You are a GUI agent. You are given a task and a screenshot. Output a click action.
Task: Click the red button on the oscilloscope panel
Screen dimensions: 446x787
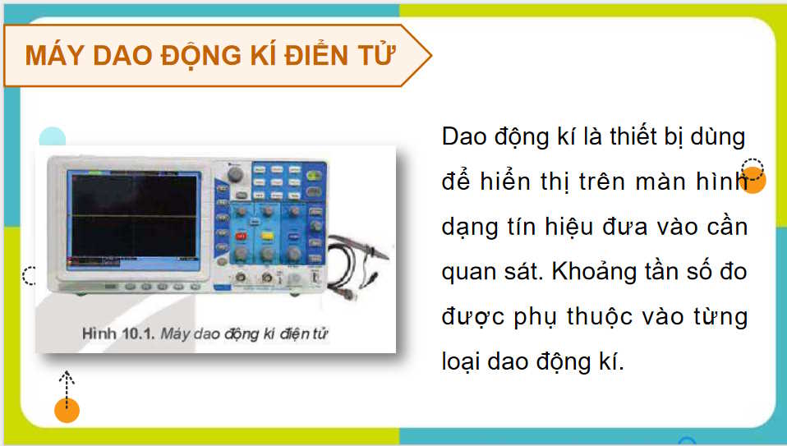pos(242,236)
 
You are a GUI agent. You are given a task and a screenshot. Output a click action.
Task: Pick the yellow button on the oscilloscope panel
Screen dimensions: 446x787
pos(268,234)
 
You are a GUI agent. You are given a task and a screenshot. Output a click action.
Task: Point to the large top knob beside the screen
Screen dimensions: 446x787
pos(236,175)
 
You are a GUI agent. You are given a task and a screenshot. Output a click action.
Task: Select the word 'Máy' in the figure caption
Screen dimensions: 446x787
pos(174,333)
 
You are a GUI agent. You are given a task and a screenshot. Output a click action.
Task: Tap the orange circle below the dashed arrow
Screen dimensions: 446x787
pos(67,410)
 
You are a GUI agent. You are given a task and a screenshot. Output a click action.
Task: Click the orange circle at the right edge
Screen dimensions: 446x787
pos(754,182)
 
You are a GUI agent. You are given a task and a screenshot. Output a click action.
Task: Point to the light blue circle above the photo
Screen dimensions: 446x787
pos(53,139)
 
